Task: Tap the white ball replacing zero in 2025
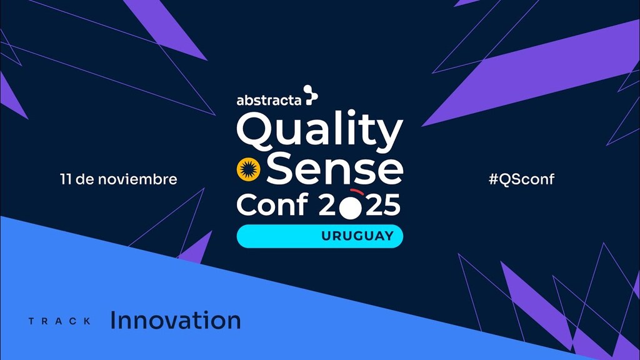tap(351, 207)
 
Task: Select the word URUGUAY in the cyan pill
tap(357, 236)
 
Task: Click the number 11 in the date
tap(66, 179)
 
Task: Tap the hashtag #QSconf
tap(522, 179)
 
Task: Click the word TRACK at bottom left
tap(60, 321)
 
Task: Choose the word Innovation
tap(176, 320)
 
